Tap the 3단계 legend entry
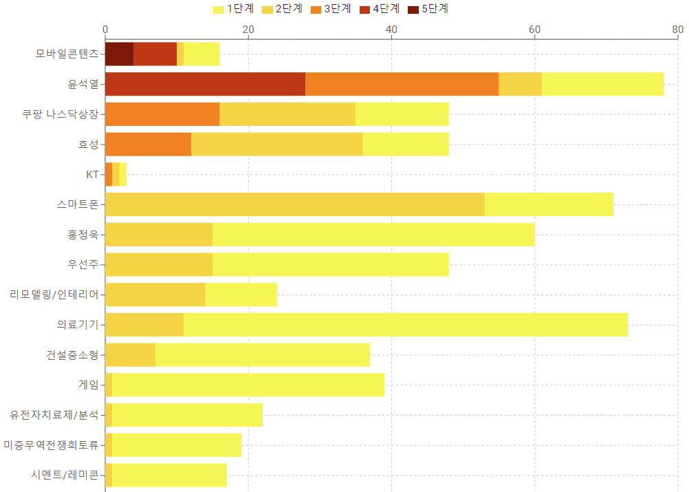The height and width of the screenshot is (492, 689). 330,9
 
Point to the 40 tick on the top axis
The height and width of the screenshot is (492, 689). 391,30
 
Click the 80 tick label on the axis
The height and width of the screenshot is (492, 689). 677,30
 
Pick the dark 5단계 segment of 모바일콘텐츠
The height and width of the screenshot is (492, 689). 119,54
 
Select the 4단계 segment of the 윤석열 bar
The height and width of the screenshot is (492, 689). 205,84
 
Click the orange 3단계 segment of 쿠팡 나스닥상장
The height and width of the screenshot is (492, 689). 162,114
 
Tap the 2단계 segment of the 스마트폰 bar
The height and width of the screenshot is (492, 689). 294,204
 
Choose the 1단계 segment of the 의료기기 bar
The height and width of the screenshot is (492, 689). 406,325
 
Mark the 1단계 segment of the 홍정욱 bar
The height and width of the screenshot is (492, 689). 373,235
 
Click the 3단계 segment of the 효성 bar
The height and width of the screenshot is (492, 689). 148,145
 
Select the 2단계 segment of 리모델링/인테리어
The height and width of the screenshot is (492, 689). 155,295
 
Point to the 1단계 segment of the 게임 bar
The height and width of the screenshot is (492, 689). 248,385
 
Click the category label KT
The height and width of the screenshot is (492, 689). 92,175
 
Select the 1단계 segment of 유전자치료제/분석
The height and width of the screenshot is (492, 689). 187,415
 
